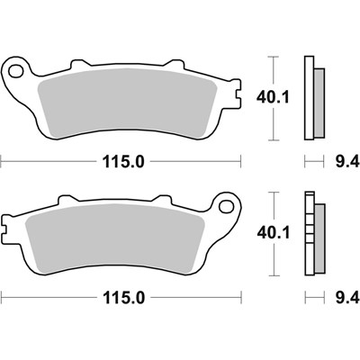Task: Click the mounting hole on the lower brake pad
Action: (x=228, y=206)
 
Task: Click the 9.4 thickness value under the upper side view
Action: (x=346, y=162)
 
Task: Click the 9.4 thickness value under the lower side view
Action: (x=346, y=296)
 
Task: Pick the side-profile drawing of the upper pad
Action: (x=313, y=98)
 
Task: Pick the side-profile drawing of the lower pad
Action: (x=313, y=234)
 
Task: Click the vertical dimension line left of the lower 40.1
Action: (x=273, y=234)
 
